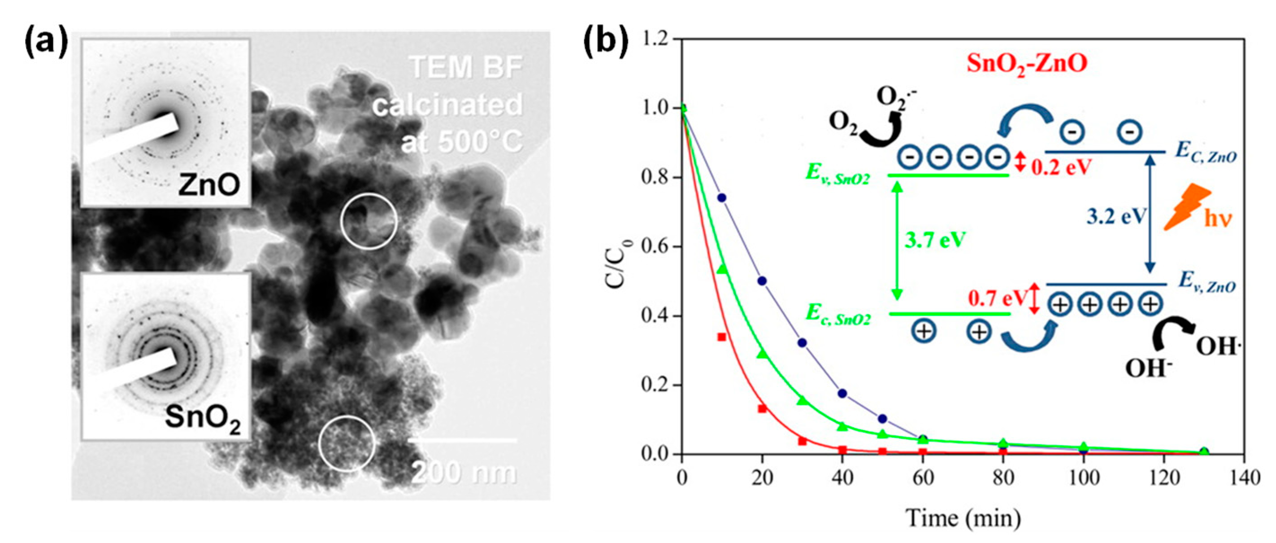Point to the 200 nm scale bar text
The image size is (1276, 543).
pyautogui.click(x=464, y=473)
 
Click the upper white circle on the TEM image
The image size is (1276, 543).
pyautogui.click(x=369, y=221)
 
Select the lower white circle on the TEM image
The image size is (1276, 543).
pyautogui.click(x=347, y=443)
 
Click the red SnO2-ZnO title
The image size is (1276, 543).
pyautogui.click(x=1026, y=78)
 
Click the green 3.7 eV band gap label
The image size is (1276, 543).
pyautogui.click(x=935, y=241)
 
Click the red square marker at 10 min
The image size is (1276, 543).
pyautogui.click(x=722, y=337)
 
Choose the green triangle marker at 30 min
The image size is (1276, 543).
pyautogui.click(x=803, y=400)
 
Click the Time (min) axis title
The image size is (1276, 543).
pyautogui.click(x=963, y=519)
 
